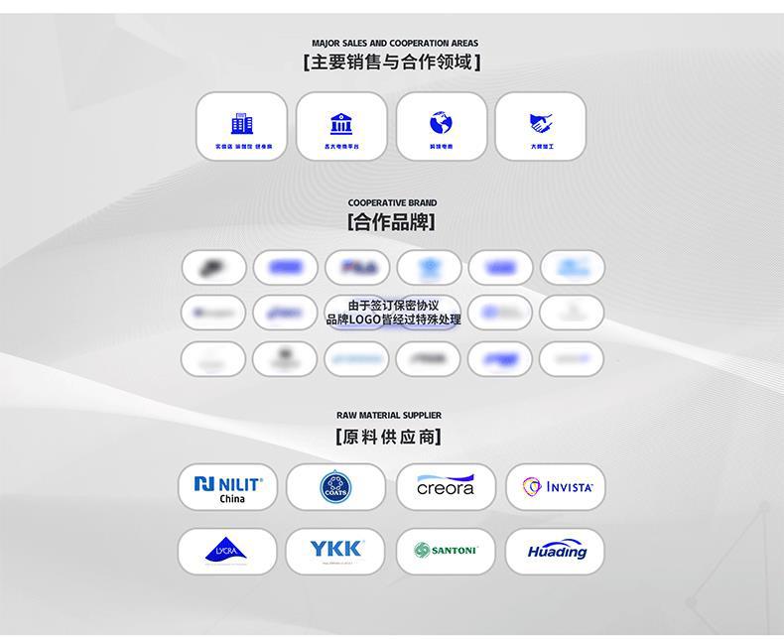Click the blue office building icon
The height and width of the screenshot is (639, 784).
click(x=242, y=123)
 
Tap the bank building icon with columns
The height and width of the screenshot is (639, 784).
click(x=341, y=123)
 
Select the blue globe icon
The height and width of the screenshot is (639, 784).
click(x=441, y=123)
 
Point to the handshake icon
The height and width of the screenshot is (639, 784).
click(x=541, y=123)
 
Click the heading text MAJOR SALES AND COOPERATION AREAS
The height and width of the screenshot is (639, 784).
click(x=394, y=44)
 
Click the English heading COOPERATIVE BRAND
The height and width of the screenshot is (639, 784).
click(x=392, y=203)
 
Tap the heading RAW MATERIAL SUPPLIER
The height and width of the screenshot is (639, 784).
click(x=389, y=416)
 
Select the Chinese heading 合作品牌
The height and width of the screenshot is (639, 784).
click(x=392, y=222)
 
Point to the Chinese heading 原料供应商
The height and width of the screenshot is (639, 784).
click(x=389, y=437)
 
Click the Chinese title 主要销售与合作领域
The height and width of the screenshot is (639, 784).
click(x=393, y=63)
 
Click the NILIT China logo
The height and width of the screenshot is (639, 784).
click(x=228, y=487)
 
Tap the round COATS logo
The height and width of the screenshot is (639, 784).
click(x=335, y=487)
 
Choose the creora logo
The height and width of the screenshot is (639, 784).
click(x=446, y=486)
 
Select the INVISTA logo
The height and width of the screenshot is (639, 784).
click(x=557, y=487)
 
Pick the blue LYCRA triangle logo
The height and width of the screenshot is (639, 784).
click(x=226, y=551)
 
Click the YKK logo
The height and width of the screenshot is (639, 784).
click(x=336, y=549)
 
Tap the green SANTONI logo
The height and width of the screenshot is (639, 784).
click(x=446, y=551)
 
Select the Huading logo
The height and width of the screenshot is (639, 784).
click(x=557, y=552)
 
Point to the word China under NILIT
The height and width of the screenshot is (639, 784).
click(x=232, y=499)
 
